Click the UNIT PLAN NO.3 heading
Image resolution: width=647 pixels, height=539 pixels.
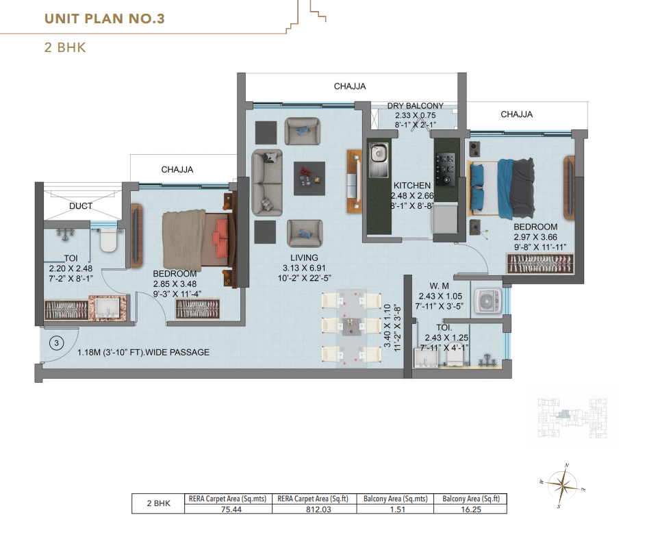tap(105, 18)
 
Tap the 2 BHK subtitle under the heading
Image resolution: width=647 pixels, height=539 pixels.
tap(64, 48)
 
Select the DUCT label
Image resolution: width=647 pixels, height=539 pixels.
tap(81, 205)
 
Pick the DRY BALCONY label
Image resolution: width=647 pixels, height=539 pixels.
tap(415, 106)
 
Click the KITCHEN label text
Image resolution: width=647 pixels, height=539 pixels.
tap(411, 186)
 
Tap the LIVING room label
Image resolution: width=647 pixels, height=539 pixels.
tap(304, 258)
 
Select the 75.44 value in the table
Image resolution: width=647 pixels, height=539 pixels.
tap(228, 508)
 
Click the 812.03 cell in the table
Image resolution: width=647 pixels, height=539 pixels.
tap(315, 508)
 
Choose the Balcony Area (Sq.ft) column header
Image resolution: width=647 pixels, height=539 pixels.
tap(470, 499)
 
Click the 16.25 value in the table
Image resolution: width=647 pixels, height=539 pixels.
tap(470, 508)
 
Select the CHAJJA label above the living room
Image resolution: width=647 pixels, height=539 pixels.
tap(350, 86)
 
